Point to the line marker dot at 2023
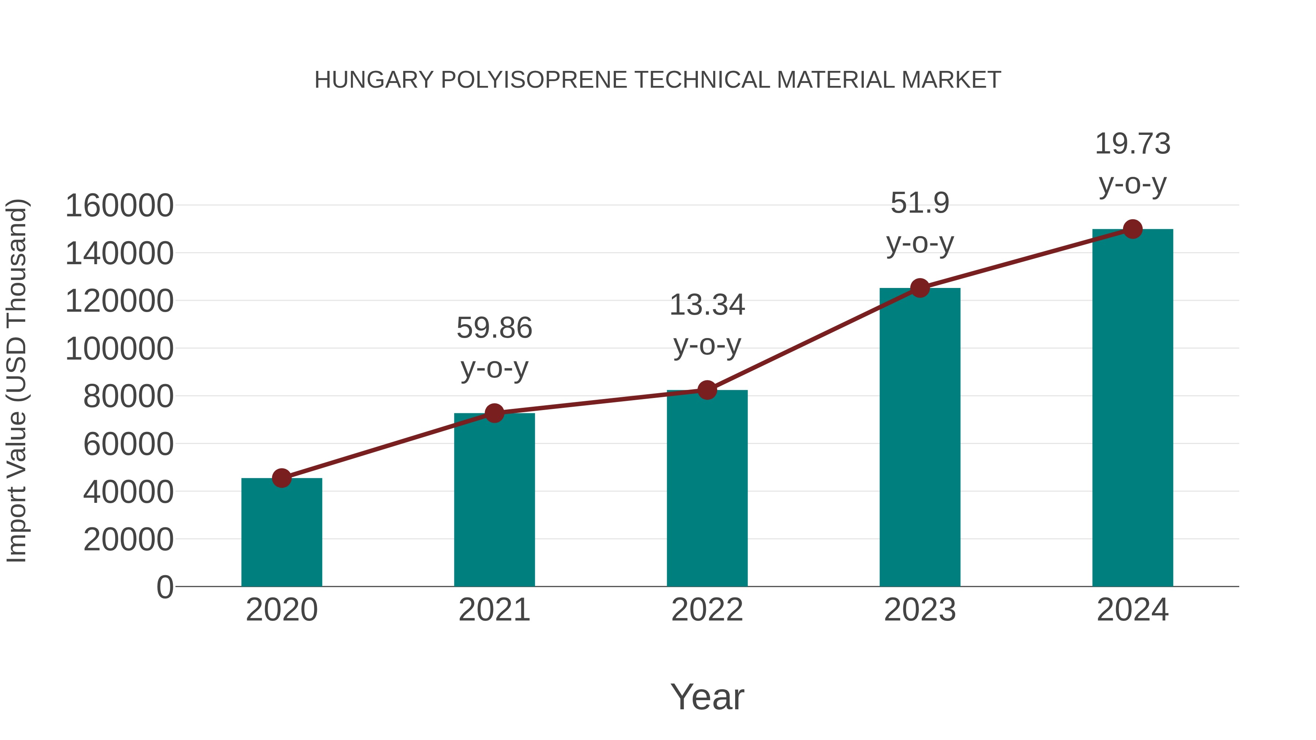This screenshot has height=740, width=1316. (920, 288)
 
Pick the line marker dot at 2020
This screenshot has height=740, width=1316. (281, 478)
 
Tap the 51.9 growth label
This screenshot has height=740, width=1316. (920, 203)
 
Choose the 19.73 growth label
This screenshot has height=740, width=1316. (1132, 144)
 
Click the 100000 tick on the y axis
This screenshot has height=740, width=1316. (120, 349)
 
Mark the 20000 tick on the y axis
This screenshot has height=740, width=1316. (128, 539)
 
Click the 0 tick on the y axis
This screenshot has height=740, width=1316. (165, 587)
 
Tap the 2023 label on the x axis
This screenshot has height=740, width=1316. (920, 610)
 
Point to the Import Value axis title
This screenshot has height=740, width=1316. (16, 381)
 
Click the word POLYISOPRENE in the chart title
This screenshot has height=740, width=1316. (534, 80)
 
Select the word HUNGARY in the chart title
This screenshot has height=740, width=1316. (374, 80)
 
